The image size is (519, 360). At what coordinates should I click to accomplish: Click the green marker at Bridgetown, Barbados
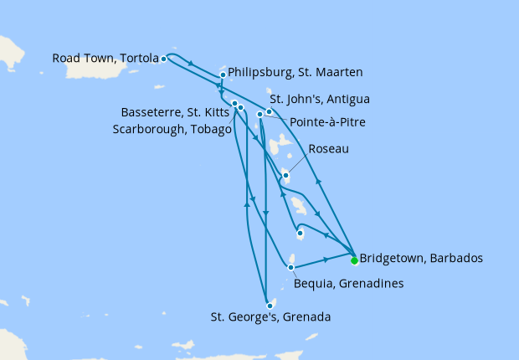pyautogui.click(x=354, y=260)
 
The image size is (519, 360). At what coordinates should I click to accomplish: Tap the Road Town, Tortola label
pyautogui.click(x=105, y=59)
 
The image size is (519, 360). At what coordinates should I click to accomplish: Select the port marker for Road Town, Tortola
pyautogui.click(x=163, y=59)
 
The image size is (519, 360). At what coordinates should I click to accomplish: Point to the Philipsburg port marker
pyautogui.click(x=223, y=75)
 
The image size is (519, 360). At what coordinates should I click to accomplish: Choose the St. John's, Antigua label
pyautogui.click(x=320, y=99)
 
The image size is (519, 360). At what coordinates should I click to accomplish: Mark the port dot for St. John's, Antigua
pyautogui.click(x=270, y=111)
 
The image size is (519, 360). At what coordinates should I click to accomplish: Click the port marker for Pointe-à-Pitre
pyautogui.click(x=260, y=114)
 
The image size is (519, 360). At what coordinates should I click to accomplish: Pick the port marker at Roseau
pyautogui.click(x=285, y=175)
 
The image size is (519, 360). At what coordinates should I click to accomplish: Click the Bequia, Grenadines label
pyautogui.click(x=349, y=284)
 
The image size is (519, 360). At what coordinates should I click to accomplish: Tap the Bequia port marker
pyautogui.click(x=290, y=268)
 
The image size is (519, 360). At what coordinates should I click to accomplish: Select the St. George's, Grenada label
pyautogui.click(x=270, y=317)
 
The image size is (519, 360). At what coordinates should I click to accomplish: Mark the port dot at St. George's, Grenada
pyautogui.click(x=270, y=306)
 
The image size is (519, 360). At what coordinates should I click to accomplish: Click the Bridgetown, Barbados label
pyautogui.click(x=421, y=258)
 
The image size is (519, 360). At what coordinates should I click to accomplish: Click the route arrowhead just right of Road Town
pyautogui.click(x=193, y=64)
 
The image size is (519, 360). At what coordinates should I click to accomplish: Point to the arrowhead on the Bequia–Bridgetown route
pyautogui.click(x=323, y=260)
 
